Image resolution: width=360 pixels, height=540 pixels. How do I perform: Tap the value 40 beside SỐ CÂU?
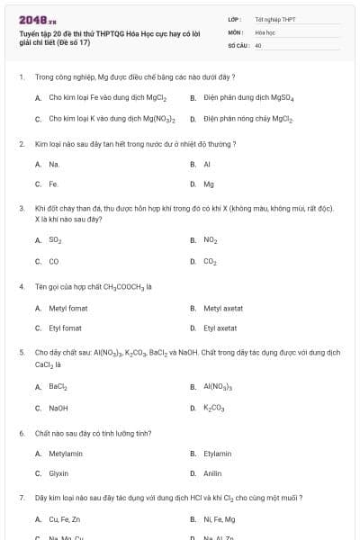[258, 44]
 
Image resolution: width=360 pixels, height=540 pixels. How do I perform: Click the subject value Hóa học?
[265, 31]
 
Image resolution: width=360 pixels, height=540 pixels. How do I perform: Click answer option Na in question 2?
[54, 165]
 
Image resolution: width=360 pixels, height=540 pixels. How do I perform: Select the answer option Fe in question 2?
[53, 184]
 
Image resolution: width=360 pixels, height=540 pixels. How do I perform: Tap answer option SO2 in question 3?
[56, 240]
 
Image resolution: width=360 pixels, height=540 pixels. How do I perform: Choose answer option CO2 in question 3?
[210, 261]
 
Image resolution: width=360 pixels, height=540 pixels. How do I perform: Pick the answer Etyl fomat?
[66, 328]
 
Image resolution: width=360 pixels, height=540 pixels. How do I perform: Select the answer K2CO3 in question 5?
[213, 408]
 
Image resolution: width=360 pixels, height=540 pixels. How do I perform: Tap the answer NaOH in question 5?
[58, 408]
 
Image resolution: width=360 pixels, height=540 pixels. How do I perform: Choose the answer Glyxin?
[58, 473]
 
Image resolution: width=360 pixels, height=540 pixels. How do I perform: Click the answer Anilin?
[212, 473]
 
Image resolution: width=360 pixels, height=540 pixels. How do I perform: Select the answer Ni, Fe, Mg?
[218, 519]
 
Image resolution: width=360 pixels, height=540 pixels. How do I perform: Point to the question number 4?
[21, 287]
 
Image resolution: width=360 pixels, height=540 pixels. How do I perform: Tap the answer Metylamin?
[66, 454]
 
